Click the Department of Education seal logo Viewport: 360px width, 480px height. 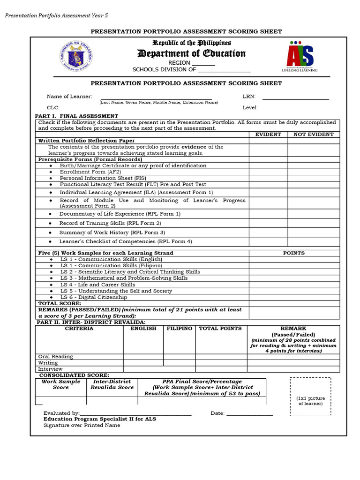click(x=76, y=57)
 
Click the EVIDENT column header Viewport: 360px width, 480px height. click(x=268, y=135)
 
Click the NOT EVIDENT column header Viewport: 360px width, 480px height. click(x=314, y=135)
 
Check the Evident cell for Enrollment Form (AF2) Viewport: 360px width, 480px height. click(x=268, y=172)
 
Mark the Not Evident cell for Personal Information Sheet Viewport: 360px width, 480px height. click(x=314, y=178)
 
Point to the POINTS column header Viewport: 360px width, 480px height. click(x=294, y=253)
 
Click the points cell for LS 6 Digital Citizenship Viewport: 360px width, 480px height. click(x=294, y=297)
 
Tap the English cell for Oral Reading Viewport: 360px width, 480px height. click(x=143, y=357)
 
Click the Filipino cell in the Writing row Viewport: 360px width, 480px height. click(x=179, y=363)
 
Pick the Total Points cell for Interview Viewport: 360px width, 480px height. click(x=221, y=369)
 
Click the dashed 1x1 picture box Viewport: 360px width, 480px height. click(x=310, y=397)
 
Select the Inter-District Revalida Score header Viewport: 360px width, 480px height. click(x=112, y=384)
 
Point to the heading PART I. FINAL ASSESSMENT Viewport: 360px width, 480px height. click(x=77, y=116)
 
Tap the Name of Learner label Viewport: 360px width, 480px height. click(x=69, y=97)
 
